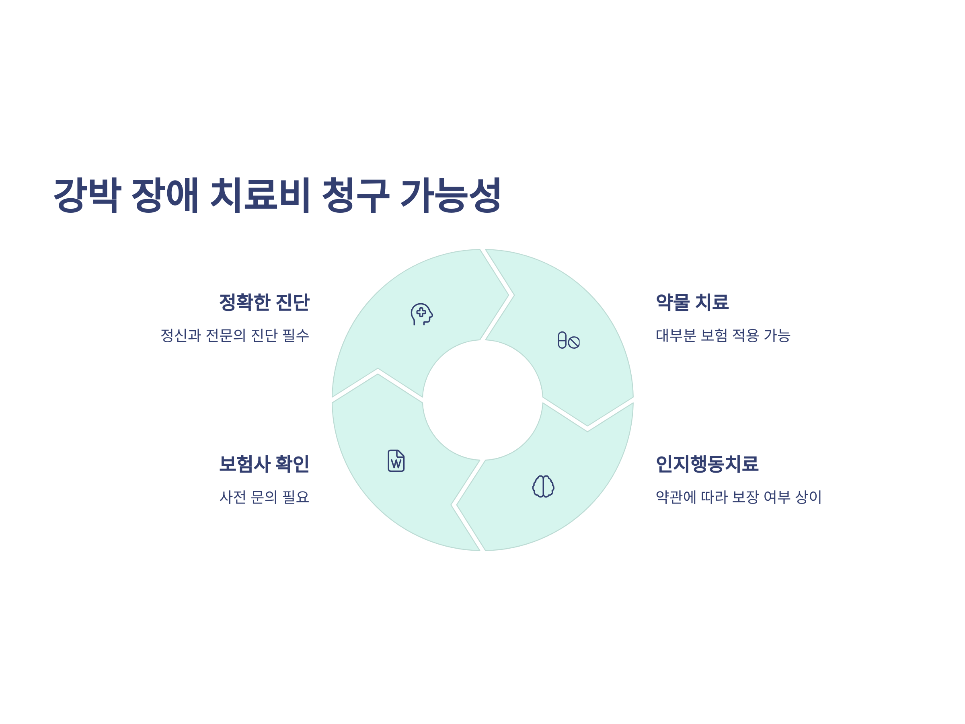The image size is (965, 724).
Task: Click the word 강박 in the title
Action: tap(87, 195)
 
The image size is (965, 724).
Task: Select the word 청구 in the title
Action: tap(355, 195)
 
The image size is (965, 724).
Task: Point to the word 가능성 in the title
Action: tap(451, 195)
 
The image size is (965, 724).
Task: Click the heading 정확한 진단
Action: tap(265, 302)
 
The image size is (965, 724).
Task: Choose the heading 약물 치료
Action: tap(692, 302)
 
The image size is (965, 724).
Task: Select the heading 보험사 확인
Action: tap(265, 463)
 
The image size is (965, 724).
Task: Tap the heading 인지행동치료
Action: tap(707, 463)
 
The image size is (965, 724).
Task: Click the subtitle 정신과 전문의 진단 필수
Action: tap(235, 335)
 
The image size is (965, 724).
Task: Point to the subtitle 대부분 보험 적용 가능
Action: tap(723, 335)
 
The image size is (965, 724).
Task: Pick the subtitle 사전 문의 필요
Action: tap(265, 497)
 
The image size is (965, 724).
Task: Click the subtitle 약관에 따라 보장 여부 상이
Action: tap(739, 497)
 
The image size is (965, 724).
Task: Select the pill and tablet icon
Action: tap(569, 340)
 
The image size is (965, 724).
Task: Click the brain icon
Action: tap(543, 486)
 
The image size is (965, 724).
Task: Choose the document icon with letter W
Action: tap(396, 461)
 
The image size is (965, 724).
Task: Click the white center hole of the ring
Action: tap(482, 400)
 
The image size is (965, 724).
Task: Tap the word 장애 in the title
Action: tap(165, 195)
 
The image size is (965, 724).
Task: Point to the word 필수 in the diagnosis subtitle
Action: tap(296, 335)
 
